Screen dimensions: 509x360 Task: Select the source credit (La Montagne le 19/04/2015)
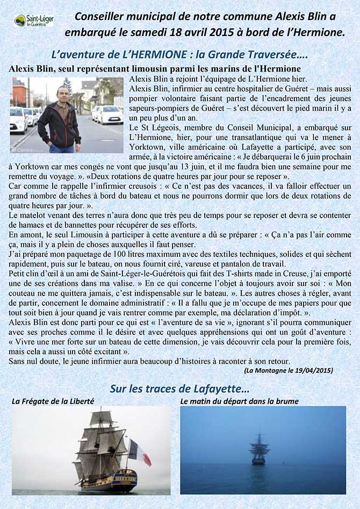coord(289,370)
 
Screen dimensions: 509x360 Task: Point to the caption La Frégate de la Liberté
coord(53,401)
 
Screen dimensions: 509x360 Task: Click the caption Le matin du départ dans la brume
coord(239,401)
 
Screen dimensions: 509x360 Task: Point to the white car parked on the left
coord(18,120)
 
